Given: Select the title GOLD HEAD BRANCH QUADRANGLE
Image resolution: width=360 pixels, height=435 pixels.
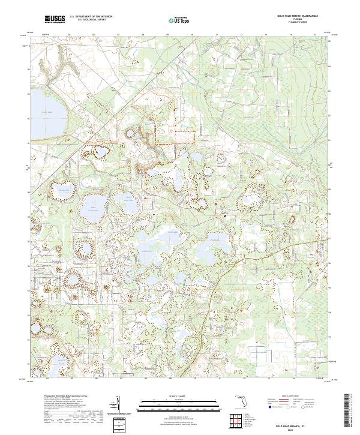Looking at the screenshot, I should (x=297, y=16).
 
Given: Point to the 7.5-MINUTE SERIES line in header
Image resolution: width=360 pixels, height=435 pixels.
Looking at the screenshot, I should (x=297, y=23).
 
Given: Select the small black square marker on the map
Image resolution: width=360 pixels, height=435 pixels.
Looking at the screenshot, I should (x=224, y=215).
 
